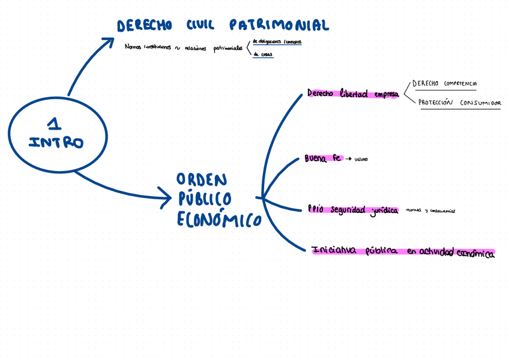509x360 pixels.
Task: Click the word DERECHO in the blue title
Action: (144, 26)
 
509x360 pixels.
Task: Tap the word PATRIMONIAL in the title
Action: (279, 25)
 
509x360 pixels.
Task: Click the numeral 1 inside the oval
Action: (55, 124)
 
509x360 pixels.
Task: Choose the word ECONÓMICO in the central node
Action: (219, 220)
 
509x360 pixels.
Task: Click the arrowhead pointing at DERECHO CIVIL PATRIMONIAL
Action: (109, 41)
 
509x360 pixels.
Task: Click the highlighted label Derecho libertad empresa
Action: (353, 94)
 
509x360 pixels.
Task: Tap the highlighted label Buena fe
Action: (323, 158)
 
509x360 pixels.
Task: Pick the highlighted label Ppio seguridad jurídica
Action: (353, 209)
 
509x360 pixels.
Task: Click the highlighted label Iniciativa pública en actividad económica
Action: (403, 252)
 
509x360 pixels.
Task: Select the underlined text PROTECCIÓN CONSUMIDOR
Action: (459, 103)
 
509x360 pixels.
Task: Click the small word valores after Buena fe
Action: (361, 160)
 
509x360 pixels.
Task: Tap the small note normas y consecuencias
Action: (430, 211)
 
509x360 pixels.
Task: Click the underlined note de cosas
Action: (263, 55)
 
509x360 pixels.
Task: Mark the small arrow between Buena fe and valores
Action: (348, 160)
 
